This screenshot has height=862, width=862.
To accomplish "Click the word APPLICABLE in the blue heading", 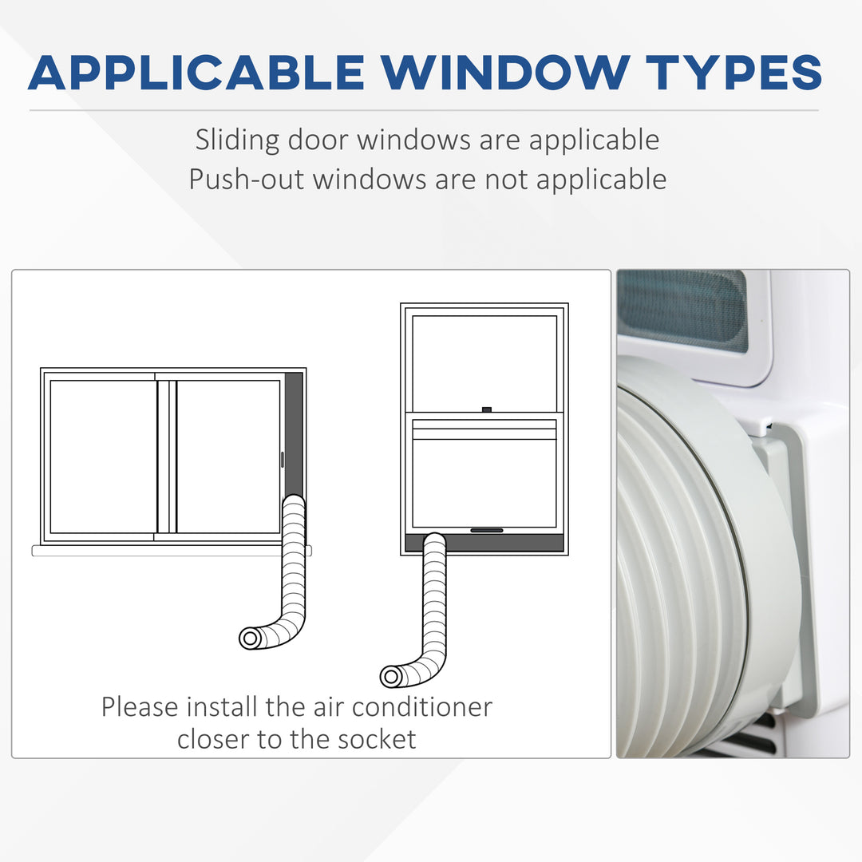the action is click(196, 72).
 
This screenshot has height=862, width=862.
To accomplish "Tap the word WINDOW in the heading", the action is click(505, 72).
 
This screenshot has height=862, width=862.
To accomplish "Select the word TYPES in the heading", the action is click(734, 72).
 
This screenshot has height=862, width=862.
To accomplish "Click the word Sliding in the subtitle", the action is click(238, 140).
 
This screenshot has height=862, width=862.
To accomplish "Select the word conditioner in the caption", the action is click(422, 707).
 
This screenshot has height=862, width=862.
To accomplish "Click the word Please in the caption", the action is click(140, 707).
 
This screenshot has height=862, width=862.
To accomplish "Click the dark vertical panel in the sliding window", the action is click(294, 434).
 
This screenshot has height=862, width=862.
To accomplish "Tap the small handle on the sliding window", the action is click(283, 460).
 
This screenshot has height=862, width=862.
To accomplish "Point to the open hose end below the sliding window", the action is click(250, 639).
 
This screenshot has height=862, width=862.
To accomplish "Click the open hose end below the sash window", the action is click(391, 676).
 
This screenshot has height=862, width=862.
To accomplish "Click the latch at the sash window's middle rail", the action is click(487, 409).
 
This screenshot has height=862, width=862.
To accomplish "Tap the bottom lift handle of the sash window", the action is click(487, 531).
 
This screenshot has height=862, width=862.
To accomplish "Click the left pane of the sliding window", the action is click(103, 457).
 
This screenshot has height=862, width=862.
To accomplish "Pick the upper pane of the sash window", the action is click(484, 363).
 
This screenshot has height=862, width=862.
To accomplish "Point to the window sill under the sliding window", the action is click(172, 551).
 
